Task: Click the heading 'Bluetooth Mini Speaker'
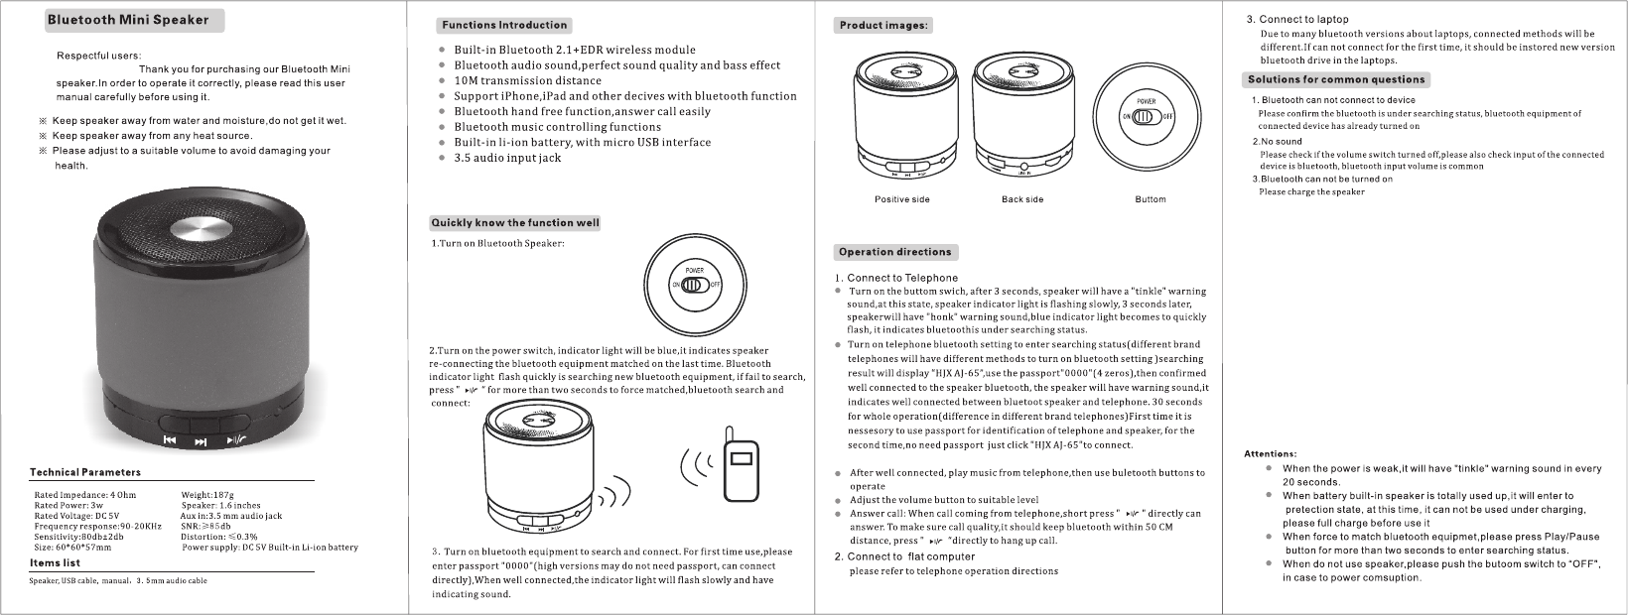click(x=129, y=20)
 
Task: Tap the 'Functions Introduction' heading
click(x=504, y=26)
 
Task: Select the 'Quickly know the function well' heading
click(x=515, y=222)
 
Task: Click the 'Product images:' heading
click(x=883, y=26)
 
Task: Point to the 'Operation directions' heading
click(x=895, y=252)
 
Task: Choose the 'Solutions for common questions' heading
click(x=1336, y=79)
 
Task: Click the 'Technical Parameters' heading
click(x=85, y=472)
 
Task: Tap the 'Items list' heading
click(x=56, y=563)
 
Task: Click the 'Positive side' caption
click(x=901, y=199)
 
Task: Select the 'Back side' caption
click(x=1022, y=199)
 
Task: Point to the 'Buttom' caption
click(x=1151, y=199)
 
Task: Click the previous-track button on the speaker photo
click(x=170, y=440)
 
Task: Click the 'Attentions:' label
click(x=1270, y=454)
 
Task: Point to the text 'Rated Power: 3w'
click(x=68, y=505)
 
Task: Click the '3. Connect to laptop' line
click(x=1297, y=19)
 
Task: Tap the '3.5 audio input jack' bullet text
click(x=507, y=158)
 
